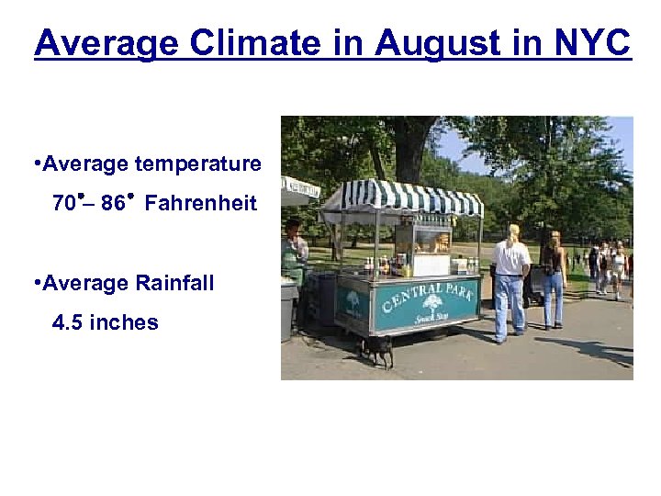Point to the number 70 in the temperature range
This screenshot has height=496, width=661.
[x=65, y=204]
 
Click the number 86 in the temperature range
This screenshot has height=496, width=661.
[x=113, y=204]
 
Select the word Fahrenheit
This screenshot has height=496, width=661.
[x=200, y=204]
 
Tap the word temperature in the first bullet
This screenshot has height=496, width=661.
[x=197, y=164]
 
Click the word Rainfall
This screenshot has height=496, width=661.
[x=174, y=284]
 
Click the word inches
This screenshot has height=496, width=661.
[x=123, y=323]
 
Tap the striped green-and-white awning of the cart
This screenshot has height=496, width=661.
[x=404, y=198]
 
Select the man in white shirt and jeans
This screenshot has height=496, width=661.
[x=510, y=280]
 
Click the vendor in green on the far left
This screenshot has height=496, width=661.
[x=294, y=253]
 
